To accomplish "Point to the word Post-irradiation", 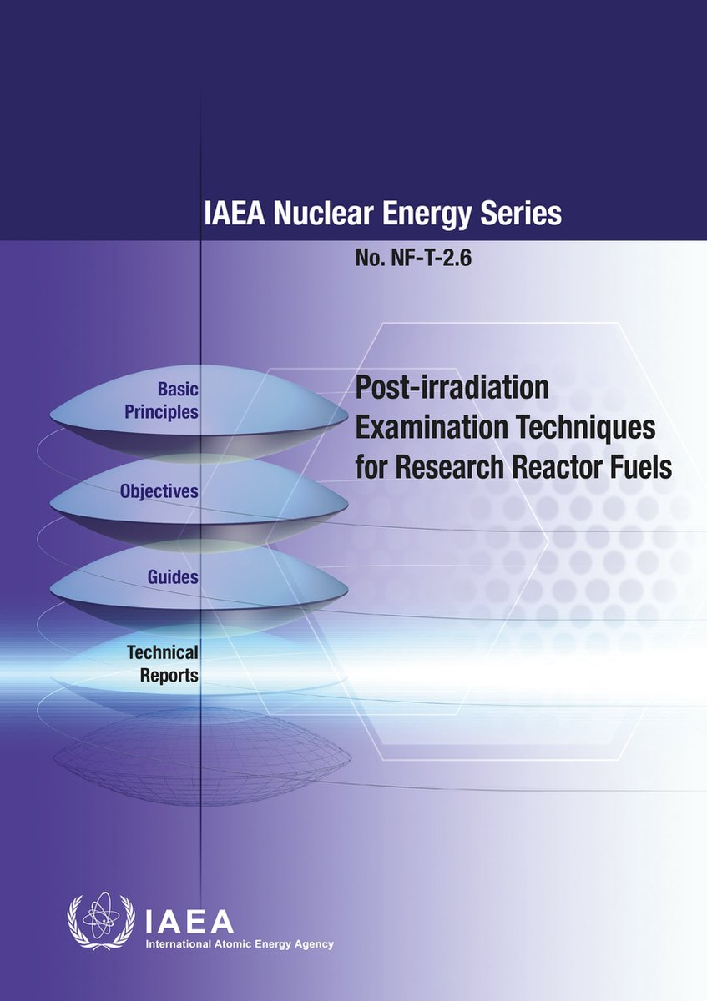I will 452,390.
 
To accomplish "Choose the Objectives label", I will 159,491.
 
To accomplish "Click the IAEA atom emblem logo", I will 101,923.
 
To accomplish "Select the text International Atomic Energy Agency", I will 240,944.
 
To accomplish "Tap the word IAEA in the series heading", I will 231,214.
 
